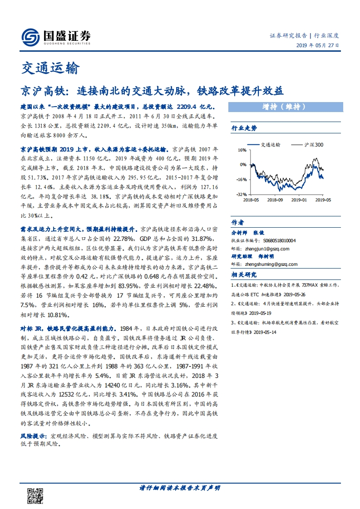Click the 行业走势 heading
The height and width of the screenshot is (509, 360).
tap(244, 128)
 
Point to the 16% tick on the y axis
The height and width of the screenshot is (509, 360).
tap(242, 150)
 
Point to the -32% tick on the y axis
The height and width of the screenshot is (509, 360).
tap(241, 194)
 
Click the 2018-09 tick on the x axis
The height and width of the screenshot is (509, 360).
tap(275, 199)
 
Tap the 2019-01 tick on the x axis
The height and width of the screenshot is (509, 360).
tap(299, 199)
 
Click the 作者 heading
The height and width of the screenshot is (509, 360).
tap(238, 222)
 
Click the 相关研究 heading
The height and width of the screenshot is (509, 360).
tap(244, 275)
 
